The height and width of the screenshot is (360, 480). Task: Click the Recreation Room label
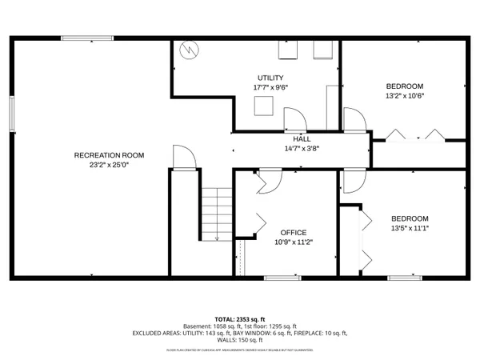109,154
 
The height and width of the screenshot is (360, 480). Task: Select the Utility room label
270,78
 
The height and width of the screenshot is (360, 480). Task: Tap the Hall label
302,138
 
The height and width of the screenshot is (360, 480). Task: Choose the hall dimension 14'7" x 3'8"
302,148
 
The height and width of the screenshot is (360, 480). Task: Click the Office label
294,232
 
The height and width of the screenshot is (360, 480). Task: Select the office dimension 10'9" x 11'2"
294,242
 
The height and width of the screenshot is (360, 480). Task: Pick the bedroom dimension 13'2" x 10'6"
405,96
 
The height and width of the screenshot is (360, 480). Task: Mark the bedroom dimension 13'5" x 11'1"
409,229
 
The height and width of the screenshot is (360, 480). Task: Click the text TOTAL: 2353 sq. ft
240,318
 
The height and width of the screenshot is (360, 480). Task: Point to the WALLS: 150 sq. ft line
240,340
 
